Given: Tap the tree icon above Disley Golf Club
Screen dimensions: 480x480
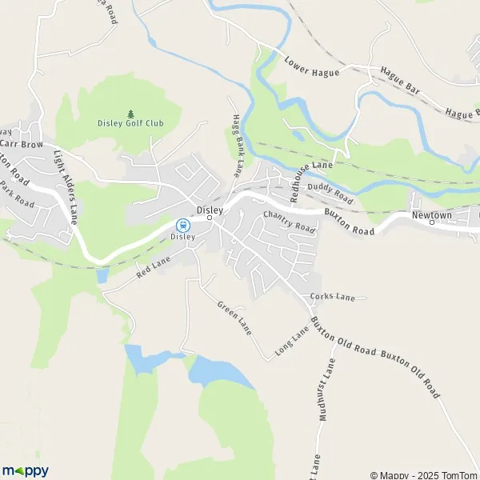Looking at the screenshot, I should (130, 113).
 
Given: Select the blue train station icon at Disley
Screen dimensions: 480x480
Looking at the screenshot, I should (182, 226).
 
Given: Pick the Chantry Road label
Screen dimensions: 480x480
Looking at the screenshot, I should (290, 222).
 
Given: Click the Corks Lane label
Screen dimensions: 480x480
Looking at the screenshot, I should (332, 298).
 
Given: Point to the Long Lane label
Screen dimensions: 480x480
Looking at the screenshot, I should (292, 342).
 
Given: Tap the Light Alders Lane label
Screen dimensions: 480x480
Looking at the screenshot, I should (68, 186).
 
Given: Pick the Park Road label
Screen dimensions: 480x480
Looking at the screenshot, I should (17, 194).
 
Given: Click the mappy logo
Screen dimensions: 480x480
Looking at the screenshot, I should (26, 470).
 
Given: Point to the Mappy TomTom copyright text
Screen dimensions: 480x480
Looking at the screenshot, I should (422, 475).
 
